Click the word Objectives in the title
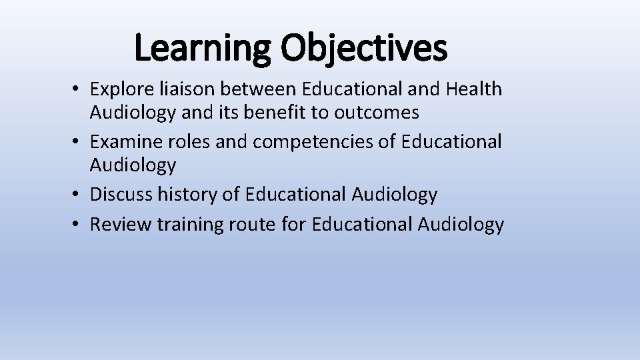363,49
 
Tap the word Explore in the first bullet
119,89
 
